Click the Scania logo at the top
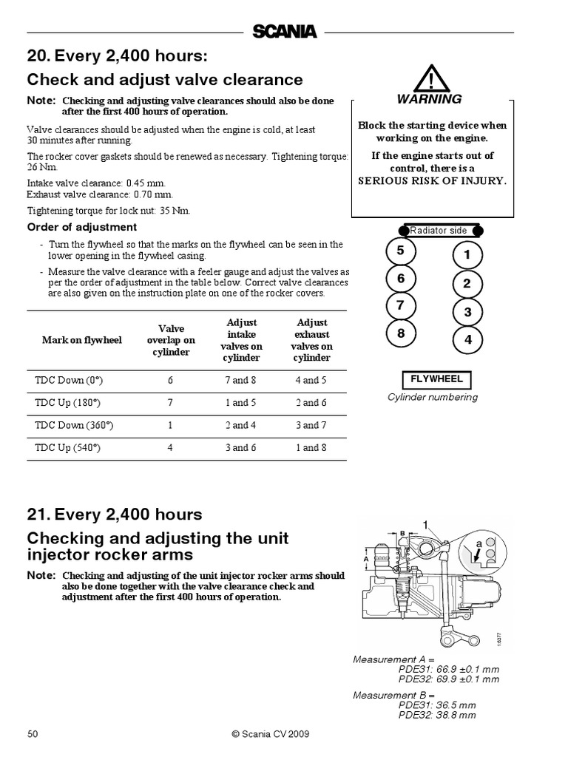(284, 31)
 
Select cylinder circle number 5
(401, 251)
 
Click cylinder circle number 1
(467, 256)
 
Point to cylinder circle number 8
(401, 333)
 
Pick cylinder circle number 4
(467, 339)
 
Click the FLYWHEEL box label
(437, 379)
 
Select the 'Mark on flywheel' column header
(82, 340)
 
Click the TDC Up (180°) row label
(69, 403)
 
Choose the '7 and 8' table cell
(241, 380)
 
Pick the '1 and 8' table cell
(311, 447)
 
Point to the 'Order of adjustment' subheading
(82, 227)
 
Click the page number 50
(33, 734)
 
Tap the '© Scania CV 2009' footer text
(270, 734)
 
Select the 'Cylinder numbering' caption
(433, 397)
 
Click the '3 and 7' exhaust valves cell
(311, 425)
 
